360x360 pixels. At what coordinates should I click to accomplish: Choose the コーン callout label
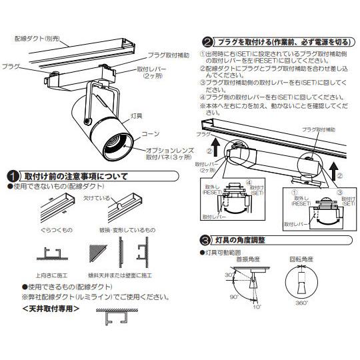pos(151,133)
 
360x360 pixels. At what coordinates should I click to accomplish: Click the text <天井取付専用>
pos(51,309)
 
